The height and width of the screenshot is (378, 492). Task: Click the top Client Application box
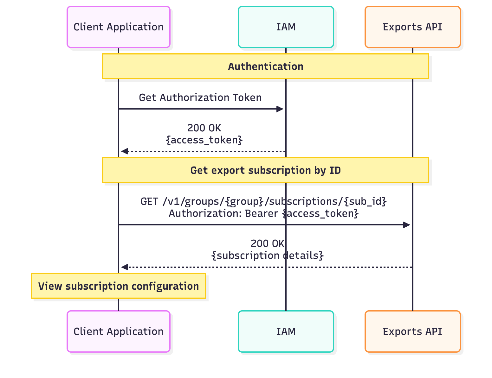118,27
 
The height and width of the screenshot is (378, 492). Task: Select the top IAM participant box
286,27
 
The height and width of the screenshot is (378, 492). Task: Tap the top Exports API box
412,27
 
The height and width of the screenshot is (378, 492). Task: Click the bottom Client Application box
118,331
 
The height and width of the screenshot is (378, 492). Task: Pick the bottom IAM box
286,331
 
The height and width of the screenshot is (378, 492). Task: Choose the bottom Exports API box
412,331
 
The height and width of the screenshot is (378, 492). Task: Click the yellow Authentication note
265,66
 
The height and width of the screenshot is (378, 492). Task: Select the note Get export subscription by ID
265,170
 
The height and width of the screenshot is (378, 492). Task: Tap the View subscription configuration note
118,286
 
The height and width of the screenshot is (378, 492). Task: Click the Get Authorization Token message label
200,98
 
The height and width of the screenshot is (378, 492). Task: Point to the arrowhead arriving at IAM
280,109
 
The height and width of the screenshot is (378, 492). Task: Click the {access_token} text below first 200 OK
204,140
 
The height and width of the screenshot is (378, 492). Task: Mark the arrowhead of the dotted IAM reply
125,151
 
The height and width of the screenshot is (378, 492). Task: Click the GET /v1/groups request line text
263,201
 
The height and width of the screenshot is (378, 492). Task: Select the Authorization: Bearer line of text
263,213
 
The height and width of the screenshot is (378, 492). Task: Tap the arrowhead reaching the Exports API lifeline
407,225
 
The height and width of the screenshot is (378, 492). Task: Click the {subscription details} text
267,255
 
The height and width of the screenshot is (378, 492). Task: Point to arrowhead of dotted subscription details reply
125,267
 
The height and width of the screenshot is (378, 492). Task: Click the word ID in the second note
335,170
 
